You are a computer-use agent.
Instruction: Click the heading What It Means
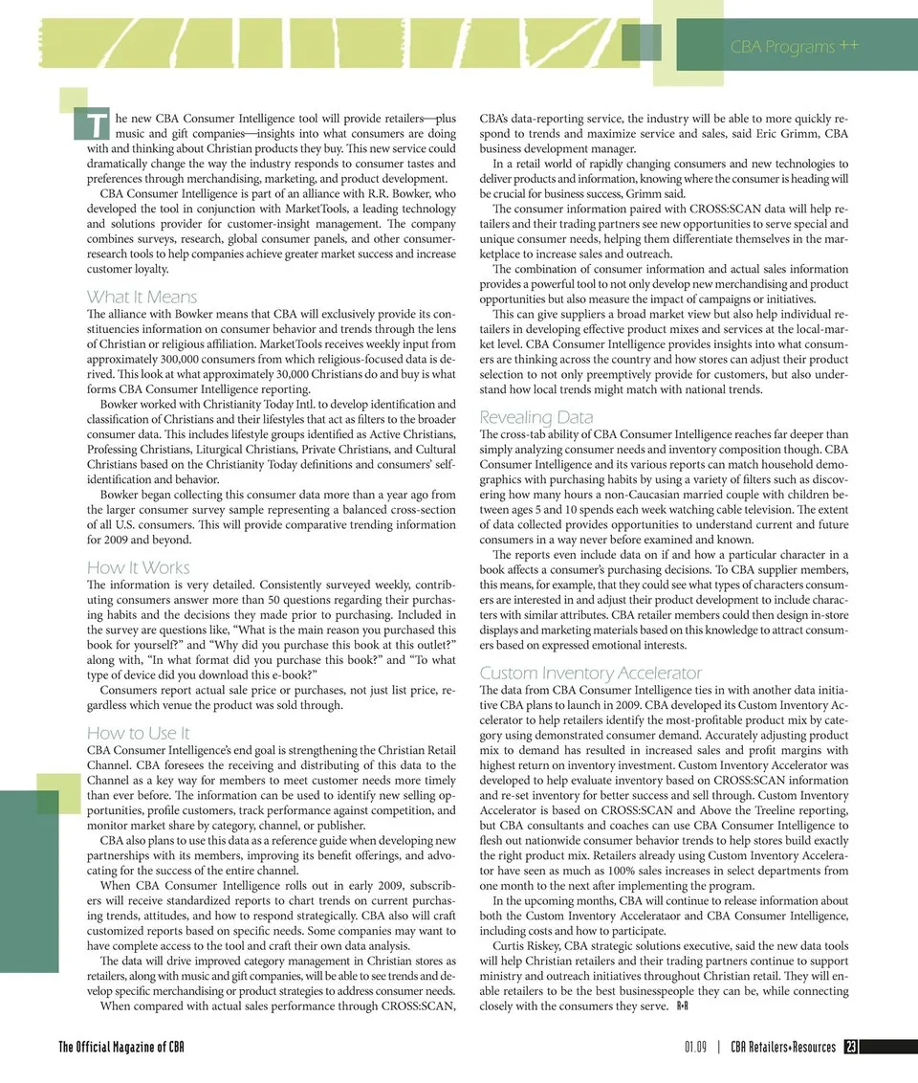142,297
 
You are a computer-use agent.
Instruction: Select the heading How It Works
138,567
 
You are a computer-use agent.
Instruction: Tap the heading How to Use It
138,733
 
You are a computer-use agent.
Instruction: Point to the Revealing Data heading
535,417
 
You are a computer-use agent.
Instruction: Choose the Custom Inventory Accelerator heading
590,673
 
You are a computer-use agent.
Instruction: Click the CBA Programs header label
795,47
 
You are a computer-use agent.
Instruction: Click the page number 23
850,1048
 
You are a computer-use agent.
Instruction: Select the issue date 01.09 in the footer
695,1048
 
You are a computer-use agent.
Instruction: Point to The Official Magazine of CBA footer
121,1048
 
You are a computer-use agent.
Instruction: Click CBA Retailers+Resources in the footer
782,1048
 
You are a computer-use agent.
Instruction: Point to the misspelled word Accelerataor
651,916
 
